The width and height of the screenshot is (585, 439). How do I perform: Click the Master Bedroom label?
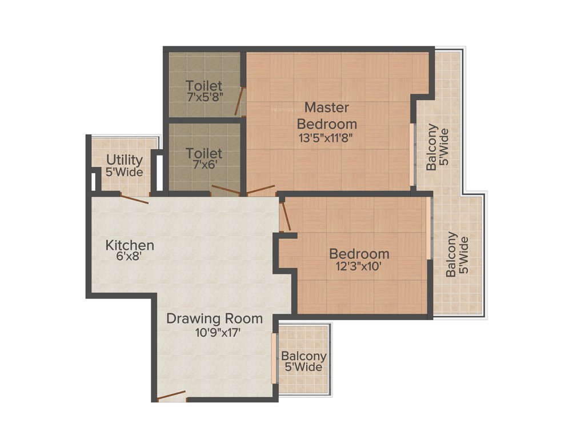[x=327, y=115]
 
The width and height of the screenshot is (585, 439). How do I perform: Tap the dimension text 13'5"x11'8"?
[x=327, y=138]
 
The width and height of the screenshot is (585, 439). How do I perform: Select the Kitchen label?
[x=130, y=245]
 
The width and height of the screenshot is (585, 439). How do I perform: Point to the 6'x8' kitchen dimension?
[x=129, y=257]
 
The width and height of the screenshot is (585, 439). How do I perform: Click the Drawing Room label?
[x=214, y=318]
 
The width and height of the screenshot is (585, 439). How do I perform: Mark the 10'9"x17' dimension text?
[x=214, y=332]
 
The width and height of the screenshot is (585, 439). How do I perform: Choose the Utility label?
[x=125, y=159]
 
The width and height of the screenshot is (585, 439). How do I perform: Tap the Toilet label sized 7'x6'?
[x=204, y=153]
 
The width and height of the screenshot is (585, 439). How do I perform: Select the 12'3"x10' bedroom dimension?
[x=359, y=266]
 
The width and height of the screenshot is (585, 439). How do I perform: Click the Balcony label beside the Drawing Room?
[x=303, y=356]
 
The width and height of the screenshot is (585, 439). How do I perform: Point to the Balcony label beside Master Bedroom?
[x=432, y=147]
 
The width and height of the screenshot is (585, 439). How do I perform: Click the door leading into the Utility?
[x=135, y=198]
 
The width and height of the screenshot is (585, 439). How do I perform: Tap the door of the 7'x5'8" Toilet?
[x=243, y=101]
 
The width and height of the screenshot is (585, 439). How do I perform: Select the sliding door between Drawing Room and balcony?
[x=274, y=358]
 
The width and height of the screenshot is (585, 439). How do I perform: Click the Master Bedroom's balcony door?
[x=411, y=154]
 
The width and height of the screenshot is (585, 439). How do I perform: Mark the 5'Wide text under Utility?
[x=125, y=172]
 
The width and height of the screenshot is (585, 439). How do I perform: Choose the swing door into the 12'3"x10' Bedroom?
[x=285, y=216]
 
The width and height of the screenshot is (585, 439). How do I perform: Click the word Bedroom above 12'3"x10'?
[x=359, y=254]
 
